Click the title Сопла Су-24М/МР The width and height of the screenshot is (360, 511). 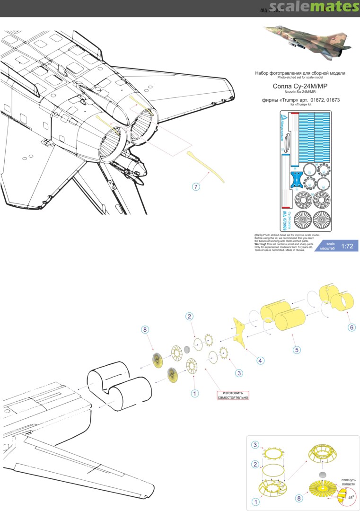coord(300,86)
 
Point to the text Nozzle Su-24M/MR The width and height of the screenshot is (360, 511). coord(300,93)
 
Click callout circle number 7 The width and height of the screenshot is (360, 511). coord(196,187)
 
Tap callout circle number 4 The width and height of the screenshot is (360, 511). coord(261,361)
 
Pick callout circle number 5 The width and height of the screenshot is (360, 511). coord(297,350)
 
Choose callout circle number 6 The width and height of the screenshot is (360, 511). coord(351,327)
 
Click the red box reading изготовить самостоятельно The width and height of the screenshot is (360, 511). coord(233,395)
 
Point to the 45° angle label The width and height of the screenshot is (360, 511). coord(351,498)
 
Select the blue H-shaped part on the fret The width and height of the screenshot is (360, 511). coord(296,179)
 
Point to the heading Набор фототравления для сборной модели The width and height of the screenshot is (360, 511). coord(300,73)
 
